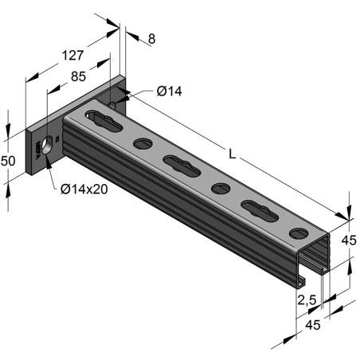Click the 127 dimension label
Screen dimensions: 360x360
[x=72, y=56]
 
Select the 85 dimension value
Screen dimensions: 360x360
[x=78, y=76]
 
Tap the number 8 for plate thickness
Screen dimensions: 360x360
[x=151, y=39]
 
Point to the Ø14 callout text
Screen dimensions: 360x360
[x=170, y=92]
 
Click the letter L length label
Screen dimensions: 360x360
[x=233, y=154]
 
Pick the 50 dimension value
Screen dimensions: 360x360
[x=8, y=161]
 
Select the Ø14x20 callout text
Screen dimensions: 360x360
[x=84, y=190]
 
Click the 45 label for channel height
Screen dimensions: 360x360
[x=349, y=241]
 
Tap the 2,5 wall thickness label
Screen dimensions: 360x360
[x=307, y=300]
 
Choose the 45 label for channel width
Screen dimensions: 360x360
[x=313, y=325]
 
